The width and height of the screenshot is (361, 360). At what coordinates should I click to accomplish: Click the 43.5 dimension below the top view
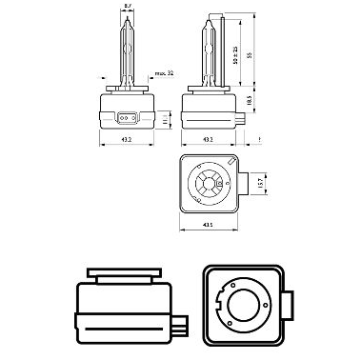[209, 227]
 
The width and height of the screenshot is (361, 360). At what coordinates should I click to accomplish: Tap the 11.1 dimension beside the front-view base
[168, 120]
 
